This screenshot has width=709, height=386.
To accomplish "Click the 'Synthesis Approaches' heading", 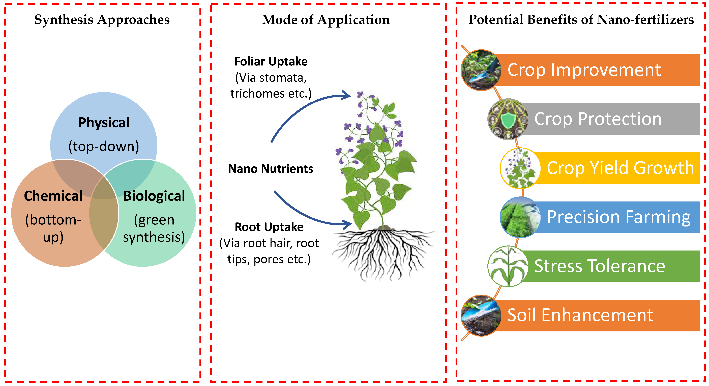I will tap(102, 20).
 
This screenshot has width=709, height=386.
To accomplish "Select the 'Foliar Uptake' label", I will tap(271, 61).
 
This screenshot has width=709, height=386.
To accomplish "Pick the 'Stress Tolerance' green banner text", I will tap(599, 266).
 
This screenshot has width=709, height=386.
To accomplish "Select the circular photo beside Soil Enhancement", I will tap(481, 316).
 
